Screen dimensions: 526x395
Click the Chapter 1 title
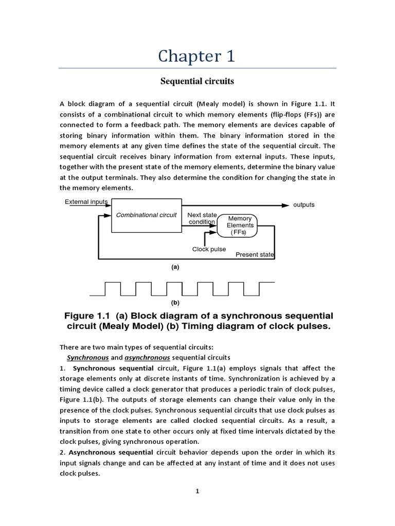pos(197,56)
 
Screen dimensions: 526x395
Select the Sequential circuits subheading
pos(197,81)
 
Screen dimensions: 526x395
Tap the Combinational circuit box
pos(146,215)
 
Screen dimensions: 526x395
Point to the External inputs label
pos(86,202)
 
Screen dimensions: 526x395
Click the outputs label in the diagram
pos(303,205)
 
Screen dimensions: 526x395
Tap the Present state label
pos(255,255)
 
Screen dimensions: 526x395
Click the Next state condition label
pos(201,218)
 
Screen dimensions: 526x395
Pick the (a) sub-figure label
pos(175,267)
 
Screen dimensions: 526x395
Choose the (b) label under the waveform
pos(175,303)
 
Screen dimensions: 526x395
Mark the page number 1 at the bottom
pos(197,491)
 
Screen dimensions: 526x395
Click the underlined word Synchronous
pos(87,357)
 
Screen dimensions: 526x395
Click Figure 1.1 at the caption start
pos(84,315)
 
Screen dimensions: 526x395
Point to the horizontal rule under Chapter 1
pos(197,68)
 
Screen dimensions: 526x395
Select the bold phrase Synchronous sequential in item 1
pos(113,368)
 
